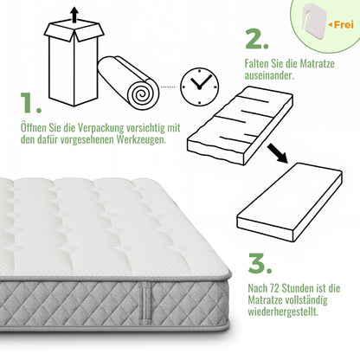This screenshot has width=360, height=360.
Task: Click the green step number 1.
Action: tap(30, 105)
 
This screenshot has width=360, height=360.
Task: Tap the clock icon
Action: tap(200, 83)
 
